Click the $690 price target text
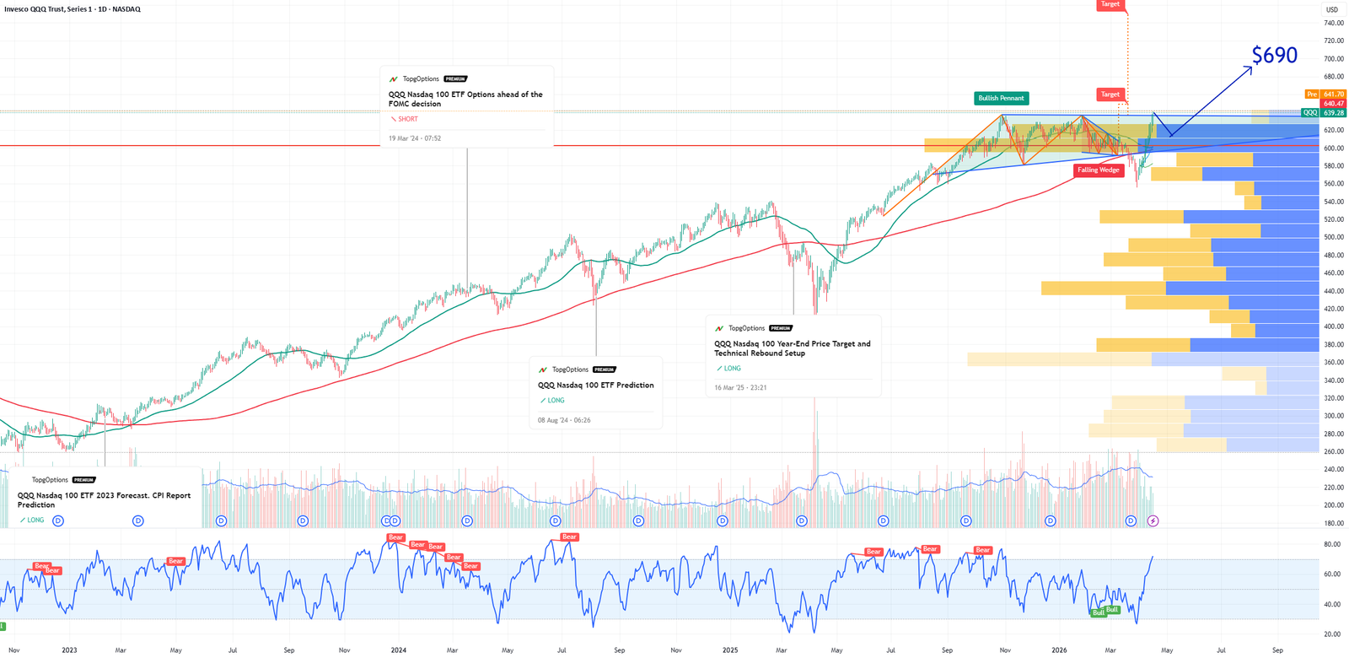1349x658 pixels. coord(1274,56)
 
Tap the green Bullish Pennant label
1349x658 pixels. coord(1001,99)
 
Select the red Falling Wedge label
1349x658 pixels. coord(1098,170)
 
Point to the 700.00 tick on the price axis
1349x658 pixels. coord(1334,59)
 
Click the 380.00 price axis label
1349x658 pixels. coord(1334,344)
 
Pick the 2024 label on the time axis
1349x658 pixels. coord(399,650)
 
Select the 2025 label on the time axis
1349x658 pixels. coord(730,650)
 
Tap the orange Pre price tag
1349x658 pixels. coord(1312,94)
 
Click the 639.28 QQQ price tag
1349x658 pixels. coord(1333,113)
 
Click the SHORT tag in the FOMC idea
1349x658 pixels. coord(407,119)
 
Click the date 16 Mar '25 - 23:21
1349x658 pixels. coord(740,388)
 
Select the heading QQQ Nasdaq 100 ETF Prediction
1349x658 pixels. coord(596,386)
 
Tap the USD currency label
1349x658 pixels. coord(1332,10)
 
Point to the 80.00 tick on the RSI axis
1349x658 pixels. coord(1332,545)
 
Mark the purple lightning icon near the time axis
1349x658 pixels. coord(1153,521)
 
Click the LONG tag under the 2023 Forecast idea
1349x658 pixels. coord(35,520)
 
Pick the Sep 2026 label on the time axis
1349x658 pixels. coord(1277,650)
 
